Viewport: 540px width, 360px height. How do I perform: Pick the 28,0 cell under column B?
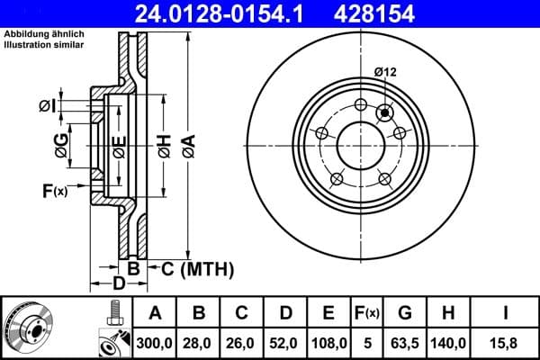[x=199, y=342]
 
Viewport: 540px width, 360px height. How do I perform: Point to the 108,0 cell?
[x=329, y=342]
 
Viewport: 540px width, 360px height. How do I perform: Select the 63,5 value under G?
[x=406, y=342]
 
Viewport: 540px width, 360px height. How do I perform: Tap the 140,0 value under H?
[x=451, y=342]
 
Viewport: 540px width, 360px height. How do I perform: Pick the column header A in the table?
[x=155, y=313]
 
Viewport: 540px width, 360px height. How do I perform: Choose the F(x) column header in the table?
[x=366, y=313]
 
